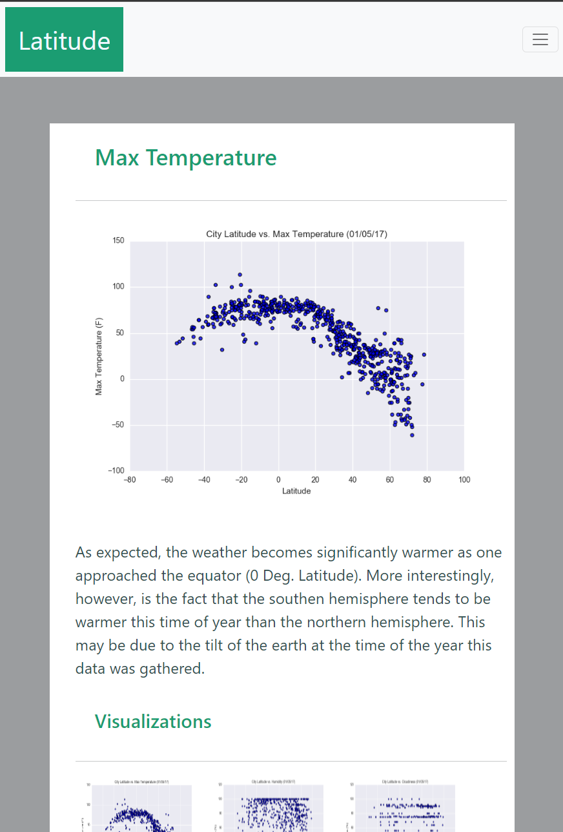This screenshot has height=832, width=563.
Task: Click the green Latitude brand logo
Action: [x=64, y=40]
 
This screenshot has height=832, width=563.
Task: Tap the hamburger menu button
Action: [x=540, y=39]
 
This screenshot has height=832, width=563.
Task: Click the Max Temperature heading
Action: [x=186, y=158]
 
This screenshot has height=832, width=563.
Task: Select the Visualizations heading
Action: [x=153, y=722]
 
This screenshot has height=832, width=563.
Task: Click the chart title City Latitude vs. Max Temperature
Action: [x=296, y=234]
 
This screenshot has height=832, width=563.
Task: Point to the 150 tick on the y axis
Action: [x=118, y=241]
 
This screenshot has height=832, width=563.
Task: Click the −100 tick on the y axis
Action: [x=116, y=471]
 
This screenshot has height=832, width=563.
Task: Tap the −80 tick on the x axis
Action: [x=130, y=480]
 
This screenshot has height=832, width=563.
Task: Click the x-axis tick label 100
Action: [x=464, y=480]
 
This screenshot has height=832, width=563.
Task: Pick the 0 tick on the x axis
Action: [x=278, y=480]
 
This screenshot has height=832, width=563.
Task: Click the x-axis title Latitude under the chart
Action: [x=296, y=491]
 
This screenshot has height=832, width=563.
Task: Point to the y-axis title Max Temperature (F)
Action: [x=99, y=356]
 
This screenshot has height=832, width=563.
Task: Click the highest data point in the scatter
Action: [x=240, y=275]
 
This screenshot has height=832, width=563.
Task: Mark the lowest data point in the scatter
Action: [x=412, y=435]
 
